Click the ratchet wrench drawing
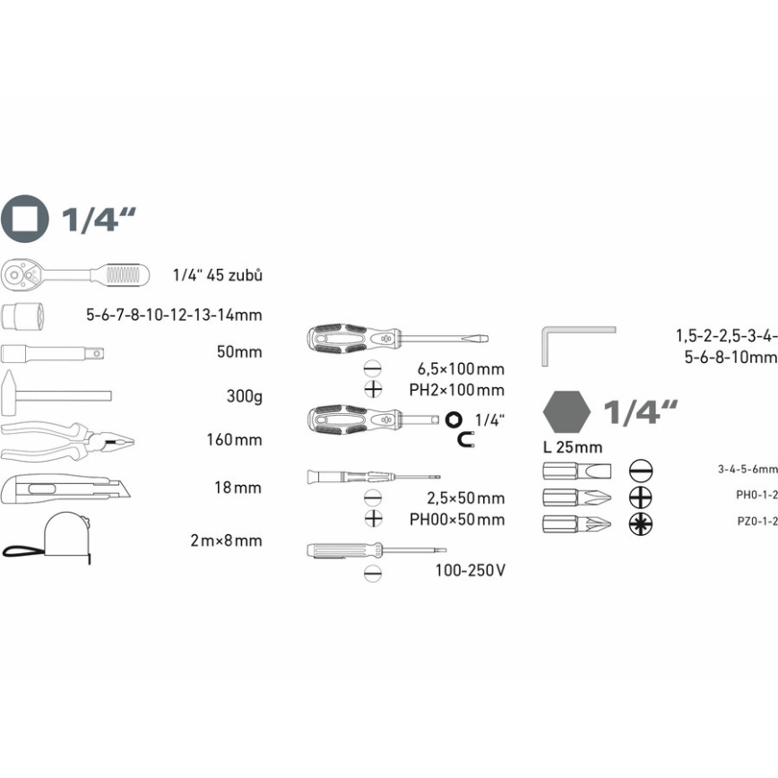tap(74, 274)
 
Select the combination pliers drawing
tap(67, 441)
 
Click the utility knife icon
tap(65, 488)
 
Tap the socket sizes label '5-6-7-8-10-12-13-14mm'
tap(174, 316)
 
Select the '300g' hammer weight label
tap(244, 396)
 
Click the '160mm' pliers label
tap(234, 439)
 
